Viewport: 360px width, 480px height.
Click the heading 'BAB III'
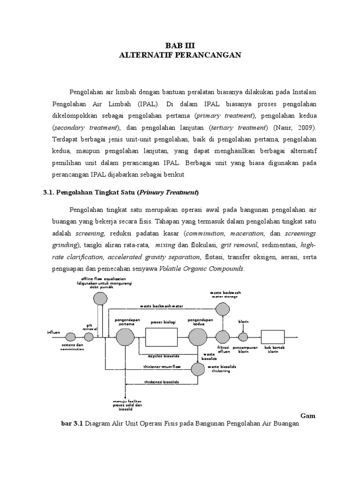(x=180, y=45)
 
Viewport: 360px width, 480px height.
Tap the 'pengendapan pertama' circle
(x=125, y=337)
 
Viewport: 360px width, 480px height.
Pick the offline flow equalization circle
(x=100, y=298)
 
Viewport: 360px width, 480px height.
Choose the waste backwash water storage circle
(x=222, y=308)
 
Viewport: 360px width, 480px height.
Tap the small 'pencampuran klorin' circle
(x=243, y=337)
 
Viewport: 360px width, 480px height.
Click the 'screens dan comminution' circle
(x=70, y=337)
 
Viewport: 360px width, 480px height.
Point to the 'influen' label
(x=53, y=332)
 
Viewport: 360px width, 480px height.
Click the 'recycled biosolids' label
(x=160, y=356)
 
